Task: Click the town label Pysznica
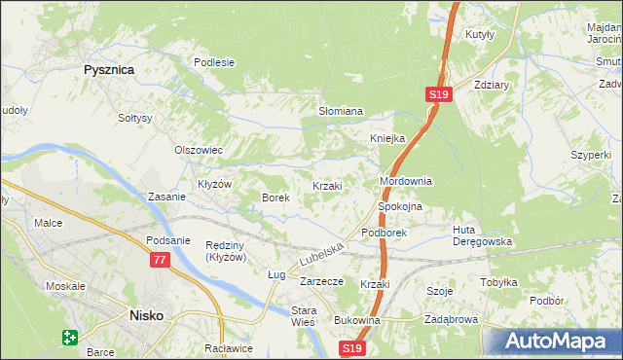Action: click(x=108, y=70)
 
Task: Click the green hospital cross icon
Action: click(x=70, y=338)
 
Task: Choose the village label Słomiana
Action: click(x=341, y=112)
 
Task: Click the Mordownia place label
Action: click(x=405, y=182)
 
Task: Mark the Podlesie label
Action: click(x=214, y=62)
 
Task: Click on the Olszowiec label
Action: click(x=199, y=151)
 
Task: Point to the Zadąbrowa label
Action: click(x=451, y=320)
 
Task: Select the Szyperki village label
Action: click(x=591, y=155)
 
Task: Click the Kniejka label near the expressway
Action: click(x=386, y=138)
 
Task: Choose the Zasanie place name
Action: click(x=166, y=197)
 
